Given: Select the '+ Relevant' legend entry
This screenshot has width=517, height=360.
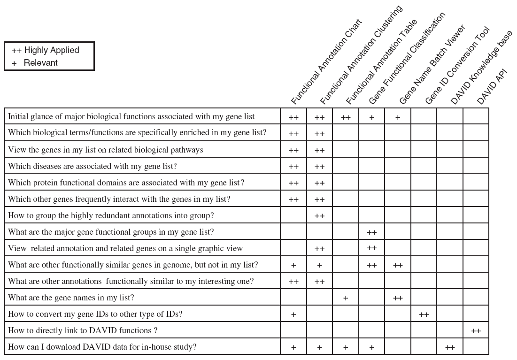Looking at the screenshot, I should (x=35, y=63).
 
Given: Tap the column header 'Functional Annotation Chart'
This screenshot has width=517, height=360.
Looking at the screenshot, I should (x=326, y=62).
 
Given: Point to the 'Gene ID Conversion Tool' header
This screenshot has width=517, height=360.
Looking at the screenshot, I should (x=457, y=66).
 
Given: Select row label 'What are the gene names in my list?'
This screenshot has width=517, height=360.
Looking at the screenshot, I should (x=71, y=298).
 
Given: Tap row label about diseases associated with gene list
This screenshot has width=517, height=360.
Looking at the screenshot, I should (x=93, y=166).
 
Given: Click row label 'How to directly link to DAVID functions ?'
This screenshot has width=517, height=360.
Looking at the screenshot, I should (x=83, y=330).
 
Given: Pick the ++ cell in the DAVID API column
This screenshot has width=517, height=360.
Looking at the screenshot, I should (x=476, y=331).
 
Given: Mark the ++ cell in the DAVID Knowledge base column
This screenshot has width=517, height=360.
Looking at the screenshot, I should (x=450, y=347).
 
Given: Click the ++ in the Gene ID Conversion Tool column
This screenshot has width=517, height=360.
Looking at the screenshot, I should (x=424, y=314).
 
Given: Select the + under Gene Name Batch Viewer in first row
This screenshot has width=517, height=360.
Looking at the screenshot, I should (x=398, y=117).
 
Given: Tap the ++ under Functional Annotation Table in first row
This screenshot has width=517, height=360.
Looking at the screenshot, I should (x=346, y=117).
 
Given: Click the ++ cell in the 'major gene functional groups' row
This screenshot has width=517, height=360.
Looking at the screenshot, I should (x=371, y=232).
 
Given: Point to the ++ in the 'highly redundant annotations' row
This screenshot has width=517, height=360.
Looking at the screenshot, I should (x=319, y=216).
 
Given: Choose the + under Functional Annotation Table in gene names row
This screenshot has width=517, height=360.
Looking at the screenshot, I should (x=346, y=298).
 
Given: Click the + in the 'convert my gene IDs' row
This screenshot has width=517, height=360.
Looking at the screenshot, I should (x=293, y=314).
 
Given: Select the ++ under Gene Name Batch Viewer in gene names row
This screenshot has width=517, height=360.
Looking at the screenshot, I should (x=398, y=298).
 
